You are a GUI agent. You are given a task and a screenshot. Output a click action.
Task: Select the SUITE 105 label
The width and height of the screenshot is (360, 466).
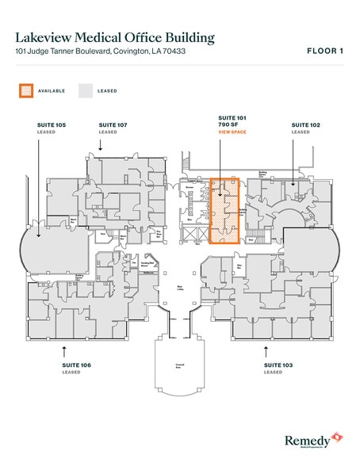tap(52, 124)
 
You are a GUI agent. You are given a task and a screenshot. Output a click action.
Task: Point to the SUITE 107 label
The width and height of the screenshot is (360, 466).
tap(112, 124)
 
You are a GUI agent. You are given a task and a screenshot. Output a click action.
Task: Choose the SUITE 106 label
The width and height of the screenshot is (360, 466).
tap(63, 365)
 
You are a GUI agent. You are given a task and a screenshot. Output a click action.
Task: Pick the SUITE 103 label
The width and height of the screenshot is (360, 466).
tap(278, 365)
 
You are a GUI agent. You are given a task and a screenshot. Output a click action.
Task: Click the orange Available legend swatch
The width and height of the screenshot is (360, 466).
tap(25, 91)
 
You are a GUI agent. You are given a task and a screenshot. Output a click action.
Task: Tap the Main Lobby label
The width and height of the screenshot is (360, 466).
tap(181, 288)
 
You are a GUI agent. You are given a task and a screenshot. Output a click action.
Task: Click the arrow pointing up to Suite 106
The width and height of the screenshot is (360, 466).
tap(64, 349)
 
